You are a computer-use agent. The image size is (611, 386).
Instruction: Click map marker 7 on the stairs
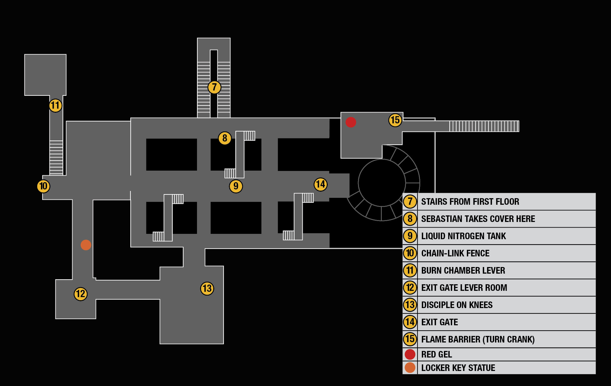click(214, 87)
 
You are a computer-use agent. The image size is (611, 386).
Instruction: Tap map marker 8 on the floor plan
click(225, 138)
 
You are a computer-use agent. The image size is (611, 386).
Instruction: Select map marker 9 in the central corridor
click(236, 186)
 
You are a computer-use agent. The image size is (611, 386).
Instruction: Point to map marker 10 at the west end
click(43, 186)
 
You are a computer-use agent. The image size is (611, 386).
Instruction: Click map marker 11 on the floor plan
click(55, 106)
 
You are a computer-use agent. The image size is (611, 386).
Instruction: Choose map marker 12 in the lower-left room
click(80, 294)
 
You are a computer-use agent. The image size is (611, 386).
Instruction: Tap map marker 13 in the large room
click(207, 288)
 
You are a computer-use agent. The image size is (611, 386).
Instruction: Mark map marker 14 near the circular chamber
click(321, 184)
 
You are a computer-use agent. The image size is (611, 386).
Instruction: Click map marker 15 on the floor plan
click(395, 120)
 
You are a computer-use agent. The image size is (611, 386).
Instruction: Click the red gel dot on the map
click(351, 122)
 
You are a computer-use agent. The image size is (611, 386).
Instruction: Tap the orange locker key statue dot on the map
click(86, 245)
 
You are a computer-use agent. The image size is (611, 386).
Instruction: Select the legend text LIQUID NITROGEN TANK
click(463, 236)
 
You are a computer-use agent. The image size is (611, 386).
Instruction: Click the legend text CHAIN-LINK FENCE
click(455, 253)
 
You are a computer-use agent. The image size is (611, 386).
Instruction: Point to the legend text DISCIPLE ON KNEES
click(457, 305)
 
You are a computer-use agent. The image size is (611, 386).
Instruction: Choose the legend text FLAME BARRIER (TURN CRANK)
click(478, 339)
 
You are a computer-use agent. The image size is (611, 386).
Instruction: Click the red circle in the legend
click(410, 354)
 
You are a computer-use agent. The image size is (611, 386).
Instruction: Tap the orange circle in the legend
click(410, 368)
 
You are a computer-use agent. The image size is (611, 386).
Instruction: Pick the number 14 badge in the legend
click(410, 322)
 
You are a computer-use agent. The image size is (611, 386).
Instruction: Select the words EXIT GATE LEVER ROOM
click(464, 288)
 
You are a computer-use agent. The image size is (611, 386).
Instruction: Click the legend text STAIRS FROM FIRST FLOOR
click(470, 202)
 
